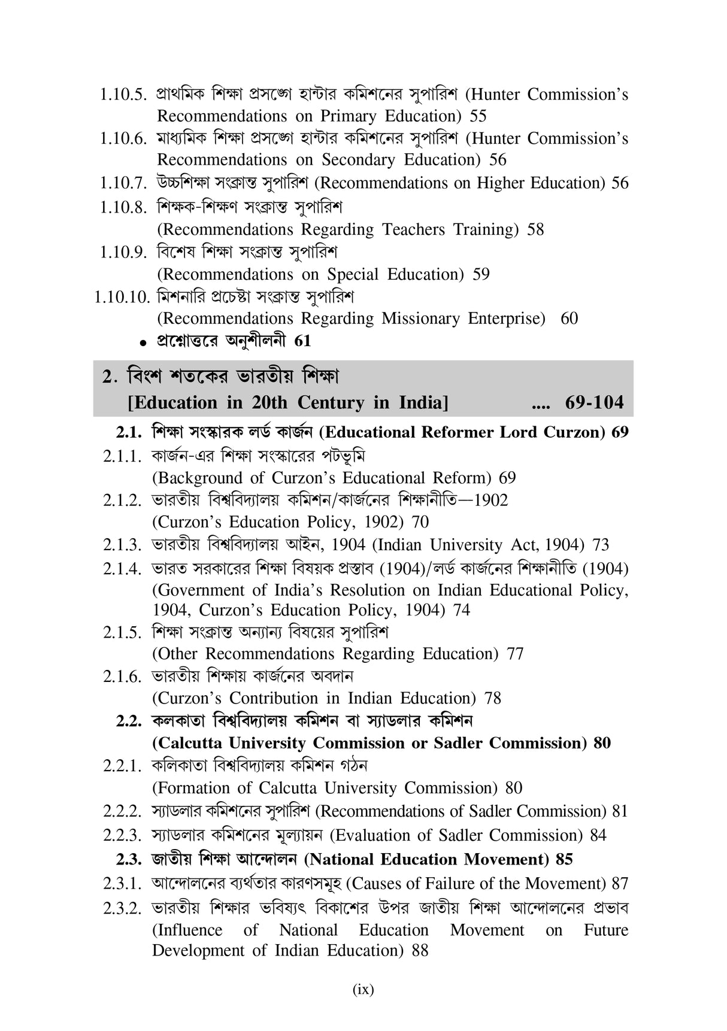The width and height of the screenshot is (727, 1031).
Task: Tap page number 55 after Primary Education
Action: pos(478,116)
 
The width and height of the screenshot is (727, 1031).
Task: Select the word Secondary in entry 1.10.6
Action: pos(359,160)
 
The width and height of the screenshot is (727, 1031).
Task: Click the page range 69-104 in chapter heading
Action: pos(594,402)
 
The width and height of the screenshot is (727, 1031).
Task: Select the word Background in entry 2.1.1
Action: pos(201,478)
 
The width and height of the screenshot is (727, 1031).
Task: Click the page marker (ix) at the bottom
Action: pos(363,990)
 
